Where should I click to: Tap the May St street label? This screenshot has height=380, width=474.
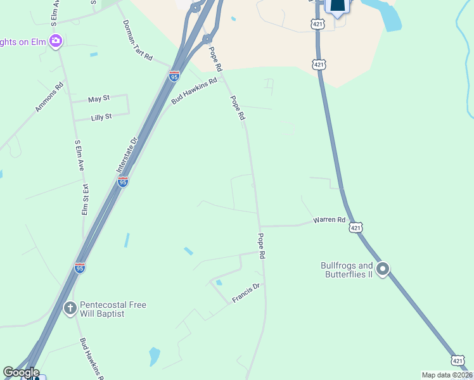(99, 99)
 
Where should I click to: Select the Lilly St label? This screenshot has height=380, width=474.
(101, 117)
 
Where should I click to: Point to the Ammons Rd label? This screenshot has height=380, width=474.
(49, 98)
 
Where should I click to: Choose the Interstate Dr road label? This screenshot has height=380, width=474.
(127, 156)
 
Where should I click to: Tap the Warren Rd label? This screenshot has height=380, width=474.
(329, 220)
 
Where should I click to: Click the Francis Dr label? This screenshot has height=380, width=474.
(246, 293)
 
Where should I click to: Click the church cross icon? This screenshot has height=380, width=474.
(70, 308)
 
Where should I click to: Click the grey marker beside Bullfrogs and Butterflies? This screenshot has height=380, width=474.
(383, 270)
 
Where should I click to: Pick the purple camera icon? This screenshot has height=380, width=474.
(56, 41)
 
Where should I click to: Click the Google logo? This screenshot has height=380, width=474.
(21, 372)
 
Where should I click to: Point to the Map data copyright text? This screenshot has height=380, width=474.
(447, 375)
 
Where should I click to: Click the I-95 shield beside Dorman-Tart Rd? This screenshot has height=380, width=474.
(174, 77)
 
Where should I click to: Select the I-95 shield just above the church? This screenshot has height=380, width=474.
(80, 268)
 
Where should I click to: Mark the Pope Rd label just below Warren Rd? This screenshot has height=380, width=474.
(261, 246)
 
